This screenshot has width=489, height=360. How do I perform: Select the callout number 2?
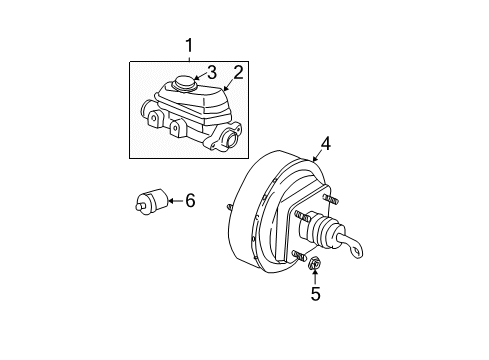[238, 71]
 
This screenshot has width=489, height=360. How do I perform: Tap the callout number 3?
[211, 71]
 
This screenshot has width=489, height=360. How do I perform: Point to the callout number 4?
[326, 145]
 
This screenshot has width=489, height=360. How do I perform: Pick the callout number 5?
[315, 294]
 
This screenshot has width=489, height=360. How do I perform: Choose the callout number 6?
[189, 201]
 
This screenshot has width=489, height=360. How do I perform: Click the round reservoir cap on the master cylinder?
[185, 83]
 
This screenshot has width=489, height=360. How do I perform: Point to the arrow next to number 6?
[174, 202]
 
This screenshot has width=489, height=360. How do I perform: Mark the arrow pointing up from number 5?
[314, 279]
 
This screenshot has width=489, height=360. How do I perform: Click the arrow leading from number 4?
[316, 156]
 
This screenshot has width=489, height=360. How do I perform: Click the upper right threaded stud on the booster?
[331, 201]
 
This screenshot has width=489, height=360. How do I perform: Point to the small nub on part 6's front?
[140, 209]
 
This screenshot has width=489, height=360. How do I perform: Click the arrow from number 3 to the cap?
[198, 75]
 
